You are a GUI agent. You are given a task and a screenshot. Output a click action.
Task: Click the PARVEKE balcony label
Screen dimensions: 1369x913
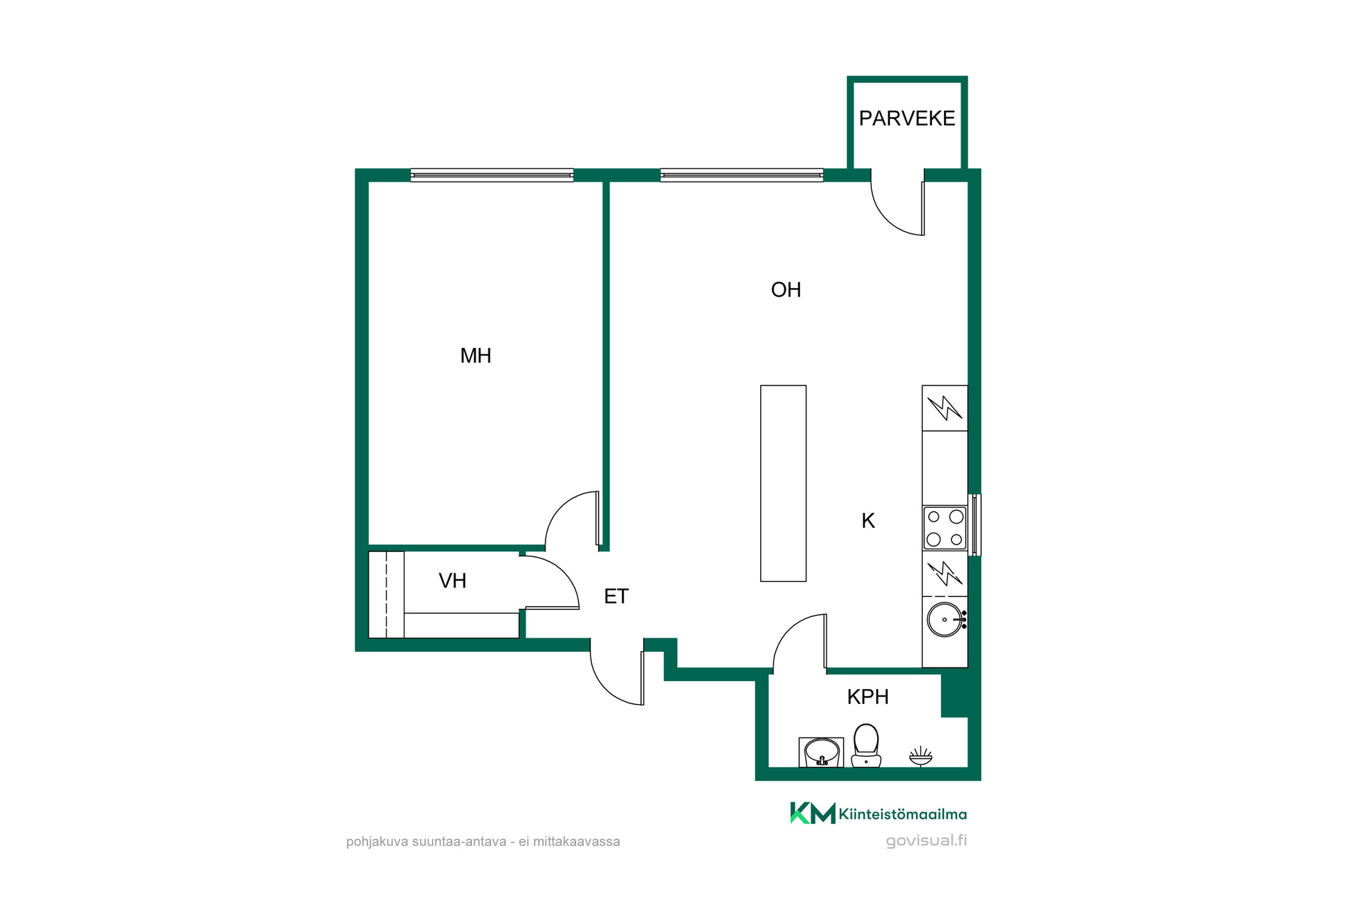tap(906, 118)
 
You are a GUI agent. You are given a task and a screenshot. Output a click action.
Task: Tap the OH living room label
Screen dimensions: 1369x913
tap(786, 290)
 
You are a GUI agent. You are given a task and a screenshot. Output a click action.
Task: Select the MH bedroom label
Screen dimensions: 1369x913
tap(476, 355)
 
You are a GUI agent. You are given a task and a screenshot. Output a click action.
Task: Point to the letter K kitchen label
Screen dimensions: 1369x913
tap(868, 521)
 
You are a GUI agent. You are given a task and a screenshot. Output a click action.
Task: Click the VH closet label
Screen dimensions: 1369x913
tap(452, 581)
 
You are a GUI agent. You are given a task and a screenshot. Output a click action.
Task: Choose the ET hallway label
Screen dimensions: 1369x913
tap(616, 596)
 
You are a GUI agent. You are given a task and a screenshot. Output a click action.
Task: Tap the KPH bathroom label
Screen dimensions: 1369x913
tap(868, 697)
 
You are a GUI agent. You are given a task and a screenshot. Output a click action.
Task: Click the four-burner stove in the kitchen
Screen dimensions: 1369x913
tap(945, 528)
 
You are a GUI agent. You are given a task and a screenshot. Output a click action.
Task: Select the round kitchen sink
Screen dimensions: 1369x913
tap(945, 619)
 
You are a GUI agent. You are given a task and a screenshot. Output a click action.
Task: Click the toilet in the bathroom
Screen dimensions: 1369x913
tap(866, 746)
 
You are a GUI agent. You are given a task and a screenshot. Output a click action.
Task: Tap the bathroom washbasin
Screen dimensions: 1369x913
tap(821, 753)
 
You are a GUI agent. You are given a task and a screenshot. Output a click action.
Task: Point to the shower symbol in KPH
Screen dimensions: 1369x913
tap(921, 756)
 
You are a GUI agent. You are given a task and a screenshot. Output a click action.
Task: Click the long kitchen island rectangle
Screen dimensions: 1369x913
tap(783, 484)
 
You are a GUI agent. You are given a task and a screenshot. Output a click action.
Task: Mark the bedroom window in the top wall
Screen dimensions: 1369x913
tap(492, 175)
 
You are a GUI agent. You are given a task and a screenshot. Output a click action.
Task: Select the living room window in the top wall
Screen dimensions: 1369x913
tap(742, 175)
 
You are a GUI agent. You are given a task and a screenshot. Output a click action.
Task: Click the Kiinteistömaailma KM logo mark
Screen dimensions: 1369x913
tap(812, 813)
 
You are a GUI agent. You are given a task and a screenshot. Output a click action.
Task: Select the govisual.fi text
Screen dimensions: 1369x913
tap(926, 841)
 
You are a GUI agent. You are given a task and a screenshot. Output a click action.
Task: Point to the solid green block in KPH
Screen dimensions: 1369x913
tap(955, 695)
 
